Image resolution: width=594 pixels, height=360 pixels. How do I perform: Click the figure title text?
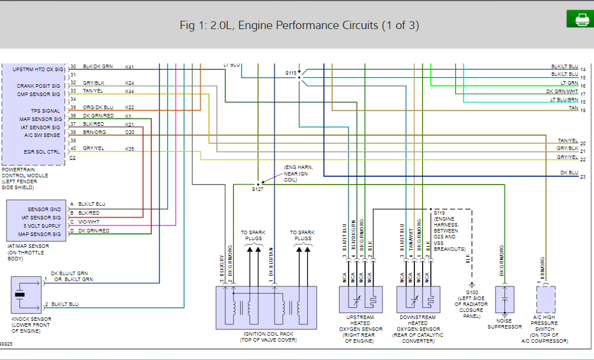(299, 26)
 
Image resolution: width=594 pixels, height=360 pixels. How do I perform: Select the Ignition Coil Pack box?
(266, 307)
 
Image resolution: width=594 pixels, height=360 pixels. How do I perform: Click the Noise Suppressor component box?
(504, 300)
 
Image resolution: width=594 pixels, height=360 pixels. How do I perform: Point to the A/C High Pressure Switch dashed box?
(545, 300)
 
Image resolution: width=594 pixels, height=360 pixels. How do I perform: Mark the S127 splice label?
(257, 189)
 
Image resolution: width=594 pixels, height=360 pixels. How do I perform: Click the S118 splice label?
(290, 73)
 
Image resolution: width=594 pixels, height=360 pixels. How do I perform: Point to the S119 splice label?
(439, 212)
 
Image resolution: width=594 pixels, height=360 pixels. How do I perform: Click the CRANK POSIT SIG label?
(39, 86)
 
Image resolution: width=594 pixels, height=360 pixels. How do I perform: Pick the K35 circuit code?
(129, 148)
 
